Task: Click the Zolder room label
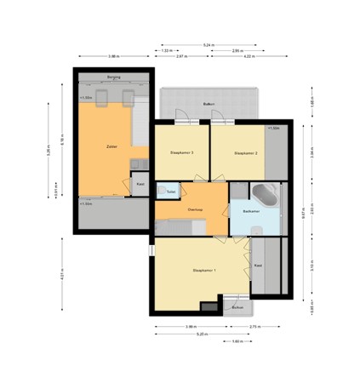111,146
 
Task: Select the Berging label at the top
114,77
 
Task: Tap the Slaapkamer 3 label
181,153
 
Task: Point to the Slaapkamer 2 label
245,153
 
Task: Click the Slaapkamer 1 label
204,271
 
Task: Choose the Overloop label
195,209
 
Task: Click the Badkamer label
250,209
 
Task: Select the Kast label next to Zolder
140,183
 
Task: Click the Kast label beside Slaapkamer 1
258,266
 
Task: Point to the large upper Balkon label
209,104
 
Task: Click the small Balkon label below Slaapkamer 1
238,307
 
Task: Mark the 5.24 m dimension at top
209,44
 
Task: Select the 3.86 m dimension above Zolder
113,57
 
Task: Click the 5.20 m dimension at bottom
202,334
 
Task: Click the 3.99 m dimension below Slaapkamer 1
191,327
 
